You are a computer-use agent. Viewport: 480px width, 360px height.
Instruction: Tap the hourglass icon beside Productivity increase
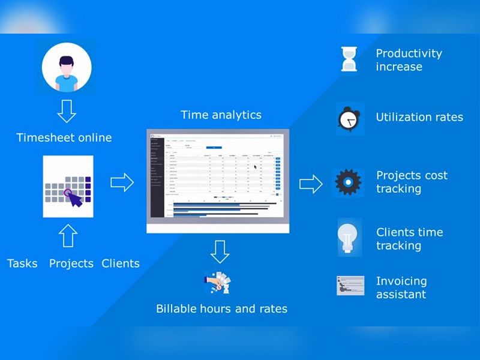point(349,59)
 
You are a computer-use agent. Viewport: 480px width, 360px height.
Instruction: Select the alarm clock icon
point(349,118)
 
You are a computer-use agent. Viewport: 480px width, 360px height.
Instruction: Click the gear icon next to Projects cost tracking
point(348,182)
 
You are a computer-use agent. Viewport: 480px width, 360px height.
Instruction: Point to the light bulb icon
point(349,237)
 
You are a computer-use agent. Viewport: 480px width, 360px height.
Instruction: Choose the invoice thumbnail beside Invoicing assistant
point(350,286)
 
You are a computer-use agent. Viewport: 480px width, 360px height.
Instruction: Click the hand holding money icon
point(217,283)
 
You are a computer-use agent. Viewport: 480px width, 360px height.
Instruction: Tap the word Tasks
point(22,263)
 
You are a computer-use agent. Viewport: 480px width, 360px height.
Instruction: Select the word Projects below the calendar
point(71,263)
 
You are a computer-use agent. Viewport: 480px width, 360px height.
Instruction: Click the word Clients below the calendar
point(121,263)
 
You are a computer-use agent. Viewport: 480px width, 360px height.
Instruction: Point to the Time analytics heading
point(221,115)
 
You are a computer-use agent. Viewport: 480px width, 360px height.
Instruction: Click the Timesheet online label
point(64,137)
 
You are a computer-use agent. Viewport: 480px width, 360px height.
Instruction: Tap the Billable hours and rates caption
point(221,309)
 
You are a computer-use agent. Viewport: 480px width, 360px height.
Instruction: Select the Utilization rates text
point(419,117)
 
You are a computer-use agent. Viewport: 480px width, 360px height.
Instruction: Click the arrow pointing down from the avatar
point(67,111)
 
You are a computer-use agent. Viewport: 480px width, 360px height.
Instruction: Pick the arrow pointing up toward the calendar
point(68,235)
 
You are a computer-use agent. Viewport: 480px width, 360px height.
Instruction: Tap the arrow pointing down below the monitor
point(220,251)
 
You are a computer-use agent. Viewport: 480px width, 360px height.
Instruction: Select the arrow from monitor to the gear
point(311,184)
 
